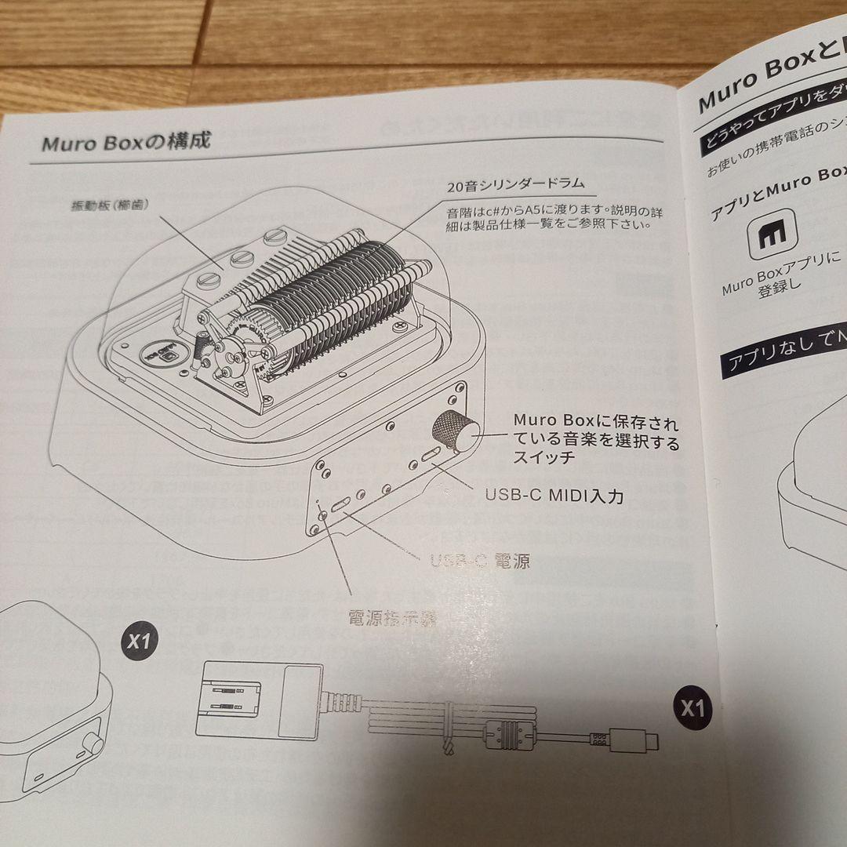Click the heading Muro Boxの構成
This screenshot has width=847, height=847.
pos(125,144)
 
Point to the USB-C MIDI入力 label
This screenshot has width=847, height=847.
pos(554,496)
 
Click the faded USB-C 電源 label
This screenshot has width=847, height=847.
pos(480,561)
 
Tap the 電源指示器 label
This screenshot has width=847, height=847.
pos(392,618)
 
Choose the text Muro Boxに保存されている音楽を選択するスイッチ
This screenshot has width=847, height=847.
pos(596,439)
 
